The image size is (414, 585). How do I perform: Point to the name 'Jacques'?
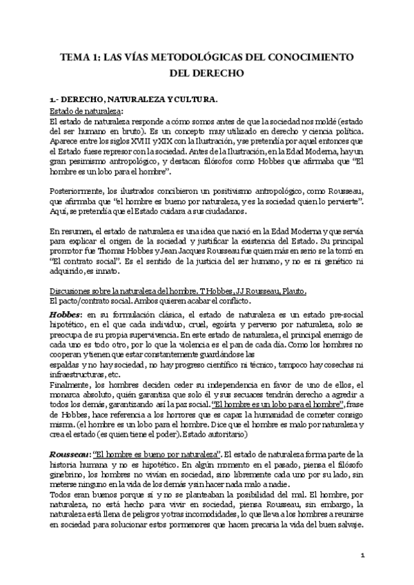click(219, 259)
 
